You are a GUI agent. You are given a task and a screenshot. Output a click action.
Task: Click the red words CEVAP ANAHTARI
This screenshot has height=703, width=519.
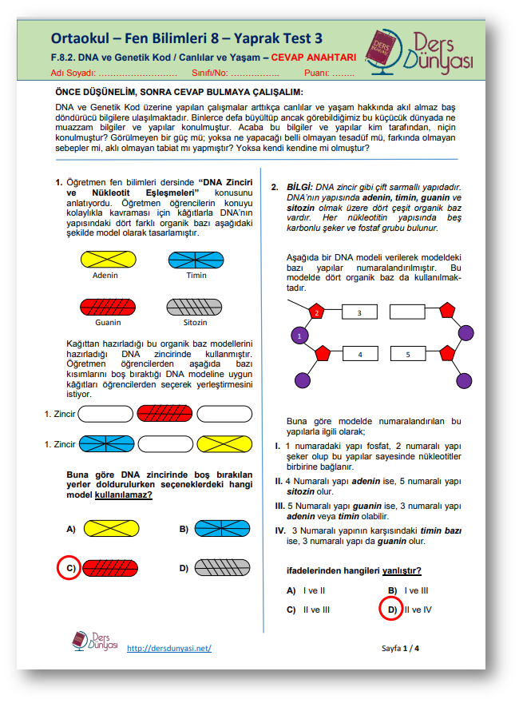pyautogui.click(x=313, y=58)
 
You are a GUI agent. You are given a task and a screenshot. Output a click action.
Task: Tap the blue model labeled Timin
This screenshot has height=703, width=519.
pyautogui.click(x=196, y=260)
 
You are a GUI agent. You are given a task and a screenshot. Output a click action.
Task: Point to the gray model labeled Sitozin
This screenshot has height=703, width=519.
pyautogui.click(x=196, y=307)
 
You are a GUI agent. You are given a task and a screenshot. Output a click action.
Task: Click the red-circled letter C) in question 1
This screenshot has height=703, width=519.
pyautogui.click(x=70, y=568)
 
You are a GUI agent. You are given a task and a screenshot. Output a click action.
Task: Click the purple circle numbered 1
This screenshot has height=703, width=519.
pyautogui.click(x=299, y=336)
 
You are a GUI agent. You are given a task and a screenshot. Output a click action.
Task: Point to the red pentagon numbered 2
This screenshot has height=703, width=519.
pyautogui.click(x=316, y=312)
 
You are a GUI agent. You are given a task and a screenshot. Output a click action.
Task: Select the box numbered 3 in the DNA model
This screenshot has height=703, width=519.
pyautogui.click(x=359, y=312)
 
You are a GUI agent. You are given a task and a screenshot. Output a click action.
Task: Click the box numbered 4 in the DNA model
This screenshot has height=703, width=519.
pyautogui.click(x=360, y=352)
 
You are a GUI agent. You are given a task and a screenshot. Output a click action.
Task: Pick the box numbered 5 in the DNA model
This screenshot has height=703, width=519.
pyautogui.click(x=407, y=352)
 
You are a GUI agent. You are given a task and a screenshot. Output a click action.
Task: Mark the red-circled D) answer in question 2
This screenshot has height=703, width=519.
pyautogui.click(x=390, y=609)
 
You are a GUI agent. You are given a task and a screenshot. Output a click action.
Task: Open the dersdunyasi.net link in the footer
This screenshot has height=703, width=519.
pyautogui.click(x=168, y=648)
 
